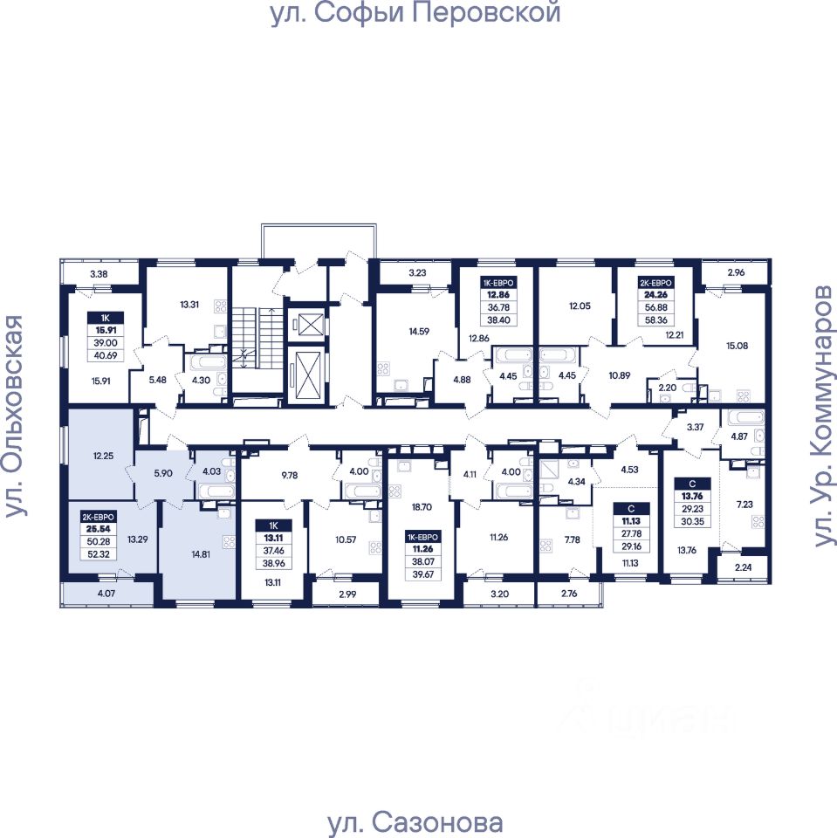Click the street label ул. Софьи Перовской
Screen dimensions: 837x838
coord(415,15)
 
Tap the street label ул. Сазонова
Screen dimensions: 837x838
coord(415,822)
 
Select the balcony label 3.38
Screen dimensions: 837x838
coord(99,274)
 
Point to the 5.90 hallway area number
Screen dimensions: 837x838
coord(162,473)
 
